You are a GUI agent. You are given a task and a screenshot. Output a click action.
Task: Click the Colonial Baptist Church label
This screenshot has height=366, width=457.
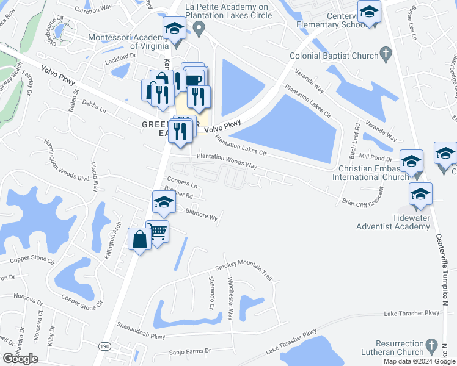coord(335,56)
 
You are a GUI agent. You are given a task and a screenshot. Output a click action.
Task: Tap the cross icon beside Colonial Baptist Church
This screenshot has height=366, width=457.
coord(386,56)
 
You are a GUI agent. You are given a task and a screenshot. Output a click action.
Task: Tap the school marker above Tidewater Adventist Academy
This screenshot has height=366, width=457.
coord(420,195)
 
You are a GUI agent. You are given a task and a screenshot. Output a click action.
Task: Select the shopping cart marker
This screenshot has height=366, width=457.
coord(158,232)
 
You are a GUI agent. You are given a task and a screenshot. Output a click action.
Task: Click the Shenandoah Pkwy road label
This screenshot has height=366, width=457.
coord(141,335)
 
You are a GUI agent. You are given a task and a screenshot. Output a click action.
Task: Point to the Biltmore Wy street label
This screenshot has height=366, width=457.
coord(202,215)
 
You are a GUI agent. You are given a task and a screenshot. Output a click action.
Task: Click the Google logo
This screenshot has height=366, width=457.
coord(20,359)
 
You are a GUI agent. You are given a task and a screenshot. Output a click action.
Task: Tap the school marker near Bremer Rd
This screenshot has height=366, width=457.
coord(163,204)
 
